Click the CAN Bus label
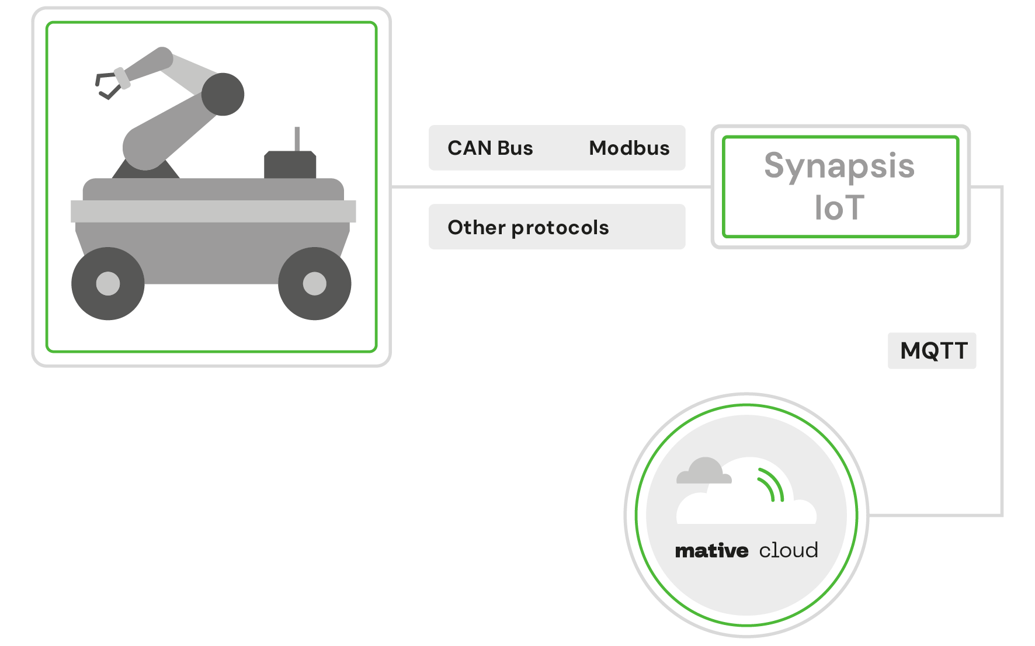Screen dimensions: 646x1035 pyautogui.click(x=490, y=148)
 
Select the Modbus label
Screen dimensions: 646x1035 pyautogui.click(x=629, y=148)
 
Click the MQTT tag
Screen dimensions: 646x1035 pyautogui.click(x=933, y=351)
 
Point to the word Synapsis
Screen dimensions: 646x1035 pyautogui.click(x=839, y=166)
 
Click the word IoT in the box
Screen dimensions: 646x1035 pyautogui.click(x=839, y=208)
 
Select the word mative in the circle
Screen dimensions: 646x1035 pyautogui.click(x=711, y=551)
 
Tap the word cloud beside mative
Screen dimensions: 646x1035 pyautogui.click(x=788, y=551)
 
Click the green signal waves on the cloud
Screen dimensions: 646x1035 pyautogui.click(x=772, y=485)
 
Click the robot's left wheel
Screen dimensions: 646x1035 pyautogui.click(x=108, y=284)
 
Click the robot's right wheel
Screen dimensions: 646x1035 pyautogui.click(x=314, y=284)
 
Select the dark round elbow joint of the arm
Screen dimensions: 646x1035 pyautogui.click(x=223, y=94)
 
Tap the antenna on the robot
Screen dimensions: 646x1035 pyautogui.click(x=297, y=139)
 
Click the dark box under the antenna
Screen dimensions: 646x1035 pyautogui.click(x=290, y=165)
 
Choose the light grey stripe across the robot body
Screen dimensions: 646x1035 pyautogui.click(x=213, y=211)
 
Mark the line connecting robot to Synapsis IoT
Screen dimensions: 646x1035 pyautogui.click(x=549, y=187)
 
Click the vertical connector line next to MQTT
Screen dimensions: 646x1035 pyautogui.click(x=1002, y=409)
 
